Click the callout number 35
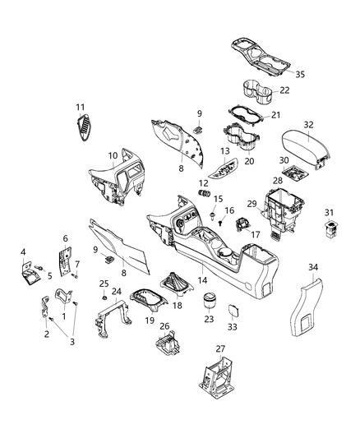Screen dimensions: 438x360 coord(300,74)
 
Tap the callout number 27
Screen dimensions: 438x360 coord(221,348)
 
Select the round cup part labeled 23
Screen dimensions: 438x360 coord(210,299)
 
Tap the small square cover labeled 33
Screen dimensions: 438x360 coord(231,311)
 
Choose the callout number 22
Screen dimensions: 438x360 coord(284,90)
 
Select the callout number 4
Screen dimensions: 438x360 coord(23,251)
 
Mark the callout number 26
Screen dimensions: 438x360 coord(164,326)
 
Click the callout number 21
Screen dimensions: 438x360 coord(276,114)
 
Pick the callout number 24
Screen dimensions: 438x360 coord(117,291)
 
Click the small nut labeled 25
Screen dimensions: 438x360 coord(104,295)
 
